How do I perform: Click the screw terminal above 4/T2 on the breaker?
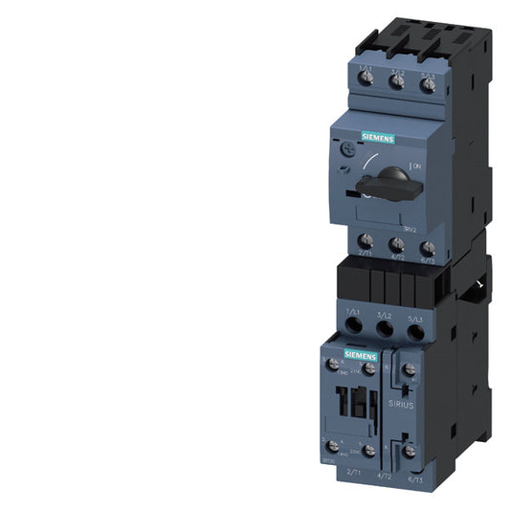(x=397, y=245)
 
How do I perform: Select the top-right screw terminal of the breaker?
(x=428, y=84)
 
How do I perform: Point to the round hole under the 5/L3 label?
(x=416, y=332)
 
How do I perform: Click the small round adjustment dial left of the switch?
(x=345, y=150)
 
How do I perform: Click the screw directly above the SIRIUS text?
(x=409, y=369)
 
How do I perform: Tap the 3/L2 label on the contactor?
(x=386, y=313)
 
